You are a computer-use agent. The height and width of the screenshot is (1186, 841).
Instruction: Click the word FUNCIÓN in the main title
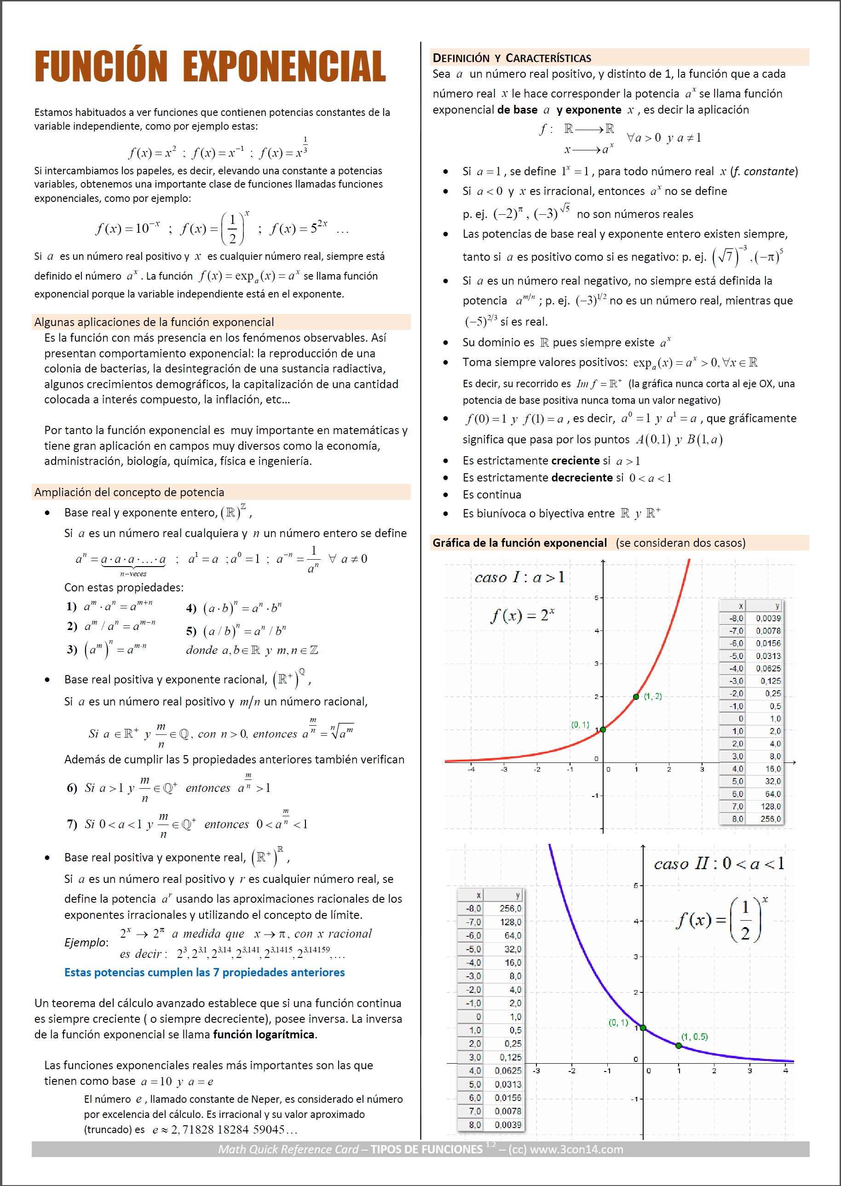point(101,66)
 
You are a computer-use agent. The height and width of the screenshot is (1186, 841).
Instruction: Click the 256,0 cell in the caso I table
point(770,819)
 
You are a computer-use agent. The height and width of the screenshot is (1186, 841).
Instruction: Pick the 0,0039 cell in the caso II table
point(507,1124)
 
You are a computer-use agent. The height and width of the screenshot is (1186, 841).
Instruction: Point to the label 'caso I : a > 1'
point(519,577)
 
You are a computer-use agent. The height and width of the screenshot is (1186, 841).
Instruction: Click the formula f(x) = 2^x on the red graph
point(522,615)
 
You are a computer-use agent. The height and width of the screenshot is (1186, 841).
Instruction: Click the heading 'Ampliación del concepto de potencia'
point(129,493)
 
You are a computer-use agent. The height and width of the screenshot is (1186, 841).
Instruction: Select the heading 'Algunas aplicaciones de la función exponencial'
point(154,322)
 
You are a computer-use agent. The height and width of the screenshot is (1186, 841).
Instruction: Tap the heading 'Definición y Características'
point(512,58)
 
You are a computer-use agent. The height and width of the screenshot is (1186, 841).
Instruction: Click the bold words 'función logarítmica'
point(264,1034)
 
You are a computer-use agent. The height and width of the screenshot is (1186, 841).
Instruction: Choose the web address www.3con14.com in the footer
point(576,1149)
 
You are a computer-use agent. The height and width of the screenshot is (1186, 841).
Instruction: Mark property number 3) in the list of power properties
point(72,649)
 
